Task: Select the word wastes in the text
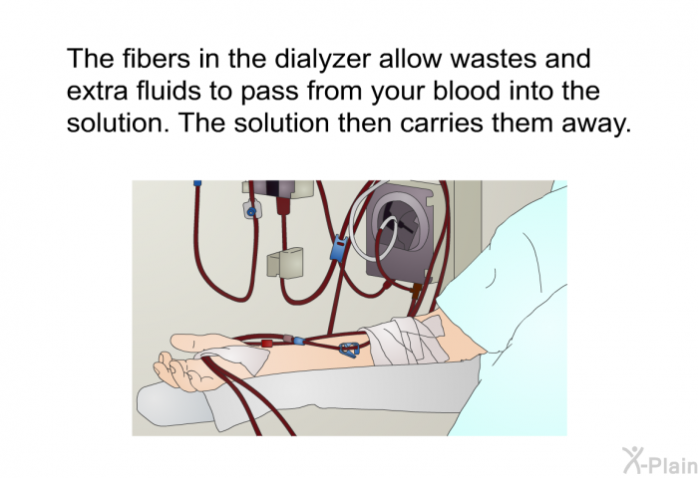(x=478, y=57)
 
